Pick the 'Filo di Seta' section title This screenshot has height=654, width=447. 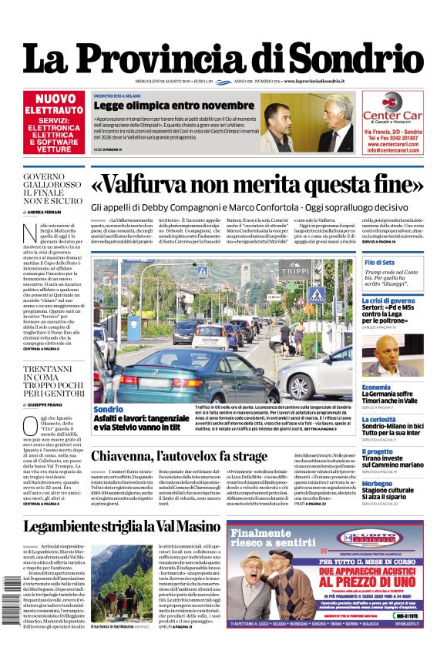point(379,263)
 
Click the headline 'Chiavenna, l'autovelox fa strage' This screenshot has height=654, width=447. point(179,456)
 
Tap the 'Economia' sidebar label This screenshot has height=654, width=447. point(376,387)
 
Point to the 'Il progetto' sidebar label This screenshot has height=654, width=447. point(377,451)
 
